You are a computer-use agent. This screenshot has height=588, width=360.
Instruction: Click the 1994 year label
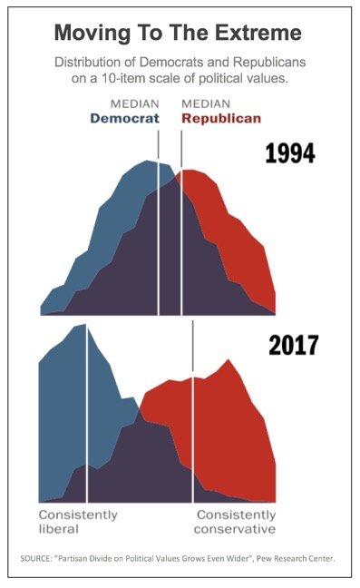pos(289,152)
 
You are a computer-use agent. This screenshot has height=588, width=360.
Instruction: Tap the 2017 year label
pos(292,346)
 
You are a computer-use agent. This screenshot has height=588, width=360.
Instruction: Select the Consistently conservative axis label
pos(235,521)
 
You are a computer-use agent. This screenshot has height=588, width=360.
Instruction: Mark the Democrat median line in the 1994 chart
pos(159,236)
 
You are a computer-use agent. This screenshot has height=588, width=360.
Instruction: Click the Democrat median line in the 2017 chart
pos(86,417)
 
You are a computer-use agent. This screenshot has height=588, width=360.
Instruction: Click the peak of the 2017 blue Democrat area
pos(83,325)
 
